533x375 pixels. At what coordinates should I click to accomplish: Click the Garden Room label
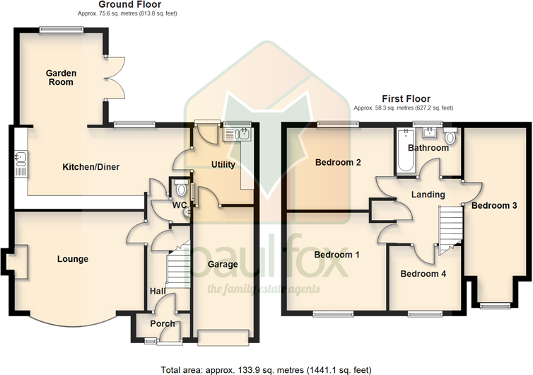tap(61, 77)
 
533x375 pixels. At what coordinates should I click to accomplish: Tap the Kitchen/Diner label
tap(91, 167)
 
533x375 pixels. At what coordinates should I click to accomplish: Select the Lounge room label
tap(73, 259)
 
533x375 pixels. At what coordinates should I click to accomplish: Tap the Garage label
tap(222, 265)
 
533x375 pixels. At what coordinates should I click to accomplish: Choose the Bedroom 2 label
tap(338, 163)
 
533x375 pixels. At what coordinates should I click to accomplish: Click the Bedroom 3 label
tap(494, 206)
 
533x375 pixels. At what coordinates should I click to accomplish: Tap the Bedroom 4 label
tap(423, 274)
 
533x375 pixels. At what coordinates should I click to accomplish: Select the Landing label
tap(428, 194)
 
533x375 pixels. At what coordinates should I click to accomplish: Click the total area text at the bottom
tap(266, 369)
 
